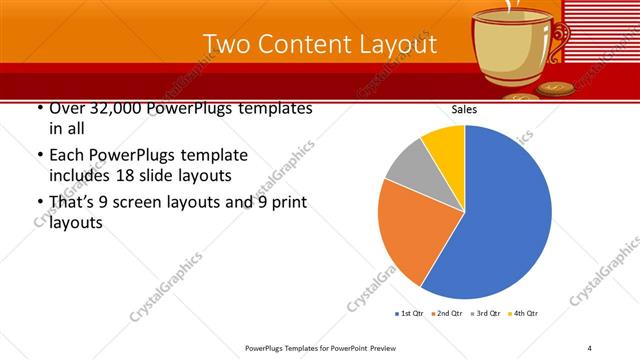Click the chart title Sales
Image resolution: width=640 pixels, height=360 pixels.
(464, 109)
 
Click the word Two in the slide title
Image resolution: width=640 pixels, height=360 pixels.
(227, 45)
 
